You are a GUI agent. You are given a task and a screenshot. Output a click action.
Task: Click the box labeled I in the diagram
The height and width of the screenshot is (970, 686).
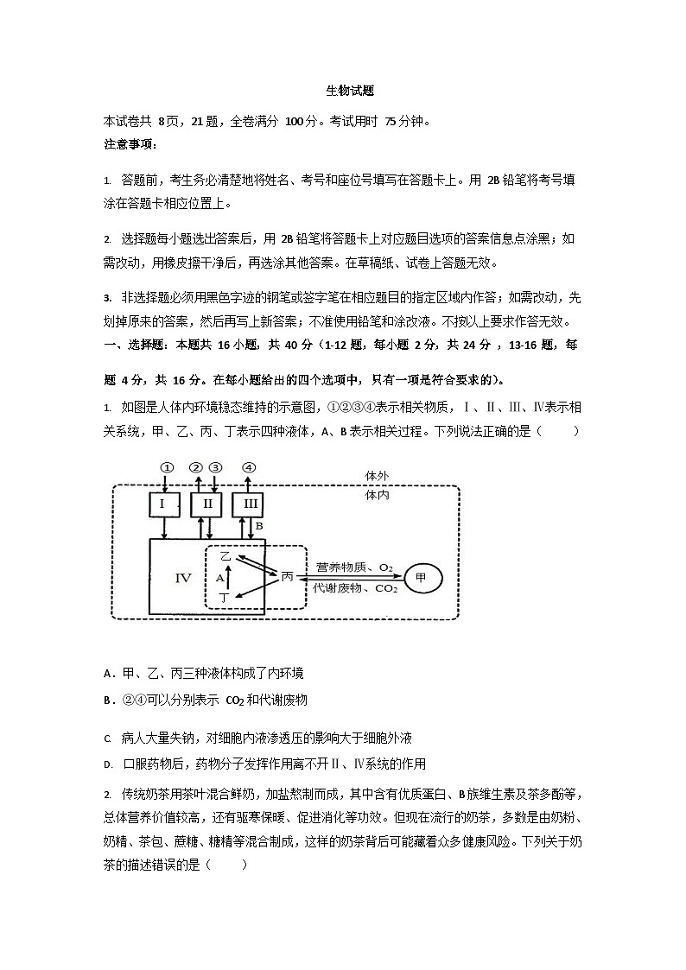[164, 504]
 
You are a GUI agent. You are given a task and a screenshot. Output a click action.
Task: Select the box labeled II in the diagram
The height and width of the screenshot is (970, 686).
[206, 504]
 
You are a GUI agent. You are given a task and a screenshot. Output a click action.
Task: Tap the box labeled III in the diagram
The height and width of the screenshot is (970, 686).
[249, 504]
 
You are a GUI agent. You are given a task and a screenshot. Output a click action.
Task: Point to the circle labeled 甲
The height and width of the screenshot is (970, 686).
[421, 577]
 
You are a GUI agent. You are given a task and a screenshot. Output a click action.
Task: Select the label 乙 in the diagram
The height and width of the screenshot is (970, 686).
[225, 557]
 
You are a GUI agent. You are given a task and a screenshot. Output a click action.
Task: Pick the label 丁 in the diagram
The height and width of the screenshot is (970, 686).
[225, 597]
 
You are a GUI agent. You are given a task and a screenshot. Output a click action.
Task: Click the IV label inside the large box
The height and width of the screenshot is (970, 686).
[182, 577]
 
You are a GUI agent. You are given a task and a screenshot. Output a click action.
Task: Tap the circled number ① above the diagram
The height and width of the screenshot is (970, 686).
[166, 467]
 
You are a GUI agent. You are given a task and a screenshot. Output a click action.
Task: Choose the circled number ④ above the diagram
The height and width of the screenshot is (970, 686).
[249, 467]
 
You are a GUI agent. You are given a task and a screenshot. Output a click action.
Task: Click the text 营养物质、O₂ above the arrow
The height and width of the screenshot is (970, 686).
[354, 567]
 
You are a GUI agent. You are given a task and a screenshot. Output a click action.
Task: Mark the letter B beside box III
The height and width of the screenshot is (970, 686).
[258, 525]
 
